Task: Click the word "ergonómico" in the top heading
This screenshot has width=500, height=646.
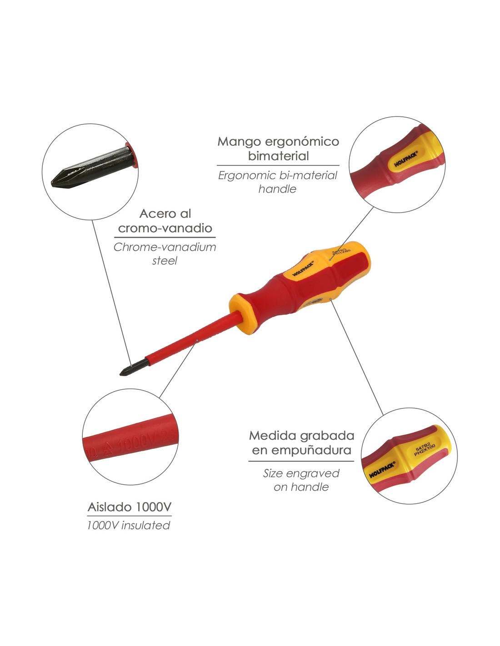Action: click(301, 142)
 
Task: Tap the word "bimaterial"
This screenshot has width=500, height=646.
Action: click(278, 156)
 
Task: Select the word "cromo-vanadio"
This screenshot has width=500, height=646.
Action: click(165, 228)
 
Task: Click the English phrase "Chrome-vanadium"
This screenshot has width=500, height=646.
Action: click(165, 247)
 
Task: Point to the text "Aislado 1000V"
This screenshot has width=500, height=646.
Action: click(130, 507)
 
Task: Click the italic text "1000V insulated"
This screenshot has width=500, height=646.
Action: click(129, 526)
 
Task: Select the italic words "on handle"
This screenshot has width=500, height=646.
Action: click(301, 487)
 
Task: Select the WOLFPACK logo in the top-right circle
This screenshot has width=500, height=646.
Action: click(405, 159)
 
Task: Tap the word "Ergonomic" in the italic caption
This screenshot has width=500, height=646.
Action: click(241, 175)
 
